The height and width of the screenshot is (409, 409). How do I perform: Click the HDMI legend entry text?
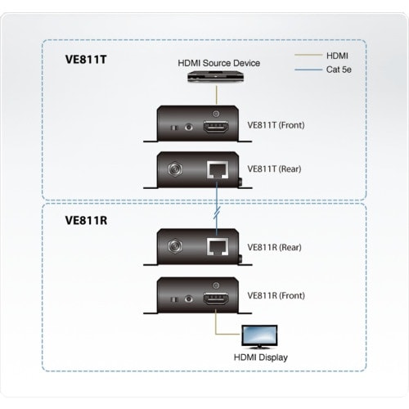point(337,56)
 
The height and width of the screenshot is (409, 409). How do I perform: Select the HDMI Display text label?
point(260,357)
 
